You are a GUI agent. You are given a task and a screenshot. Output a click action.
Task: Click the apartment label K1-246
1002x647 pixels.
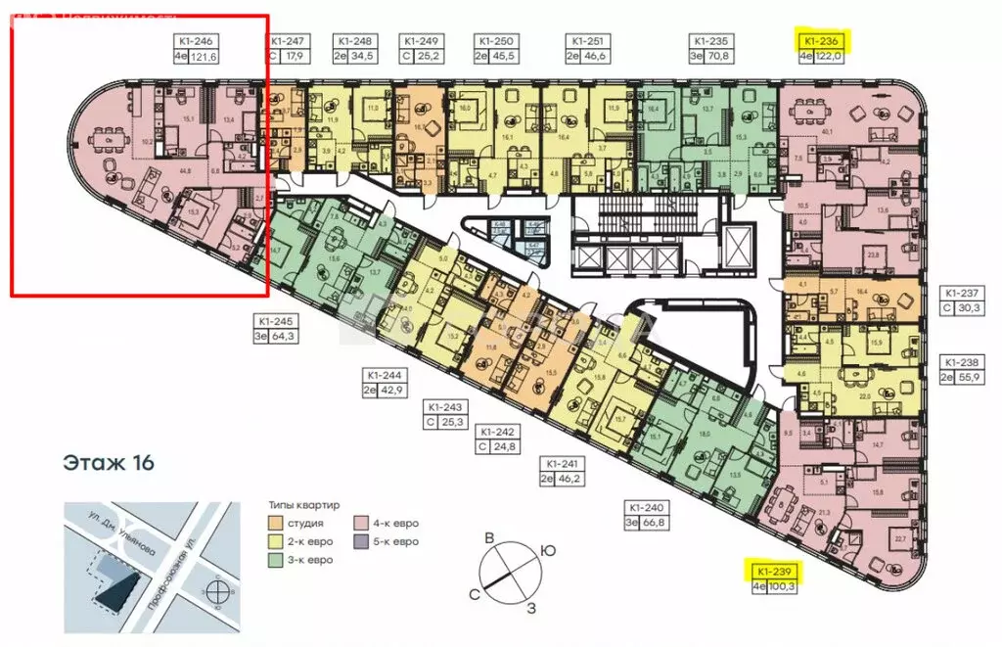pos(195,41)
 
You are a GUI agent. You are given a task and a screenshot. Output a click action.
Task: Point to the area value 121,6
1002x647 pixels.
pos(202,58)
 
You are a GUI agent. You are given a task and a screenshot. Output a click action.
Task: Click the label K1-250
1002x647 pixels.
pos(495,41)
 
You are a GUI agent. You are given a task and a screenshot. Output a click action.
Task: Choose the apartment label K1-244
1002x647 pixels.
pos(386,374)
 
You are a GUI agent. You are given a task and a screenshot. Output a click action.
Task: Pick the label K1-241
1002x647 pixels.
pos(563,464)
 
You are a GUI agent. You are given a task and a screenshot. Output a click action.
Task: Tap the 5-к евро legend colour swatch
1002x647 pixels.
pos(361,541)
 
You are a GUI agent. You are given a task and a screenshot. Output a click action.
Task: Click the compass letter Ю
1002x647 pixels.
pos(549,551)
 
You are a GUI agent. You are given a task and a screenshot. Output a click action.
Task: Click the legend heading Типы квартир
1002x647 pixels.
pos(304,506)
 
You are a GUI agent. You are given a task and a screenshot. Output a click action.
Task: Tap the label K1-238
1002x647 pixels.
pos(961,359)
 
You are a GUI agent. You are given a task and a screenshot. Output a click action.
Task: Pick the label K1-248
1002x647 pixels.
pos(353,41)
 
